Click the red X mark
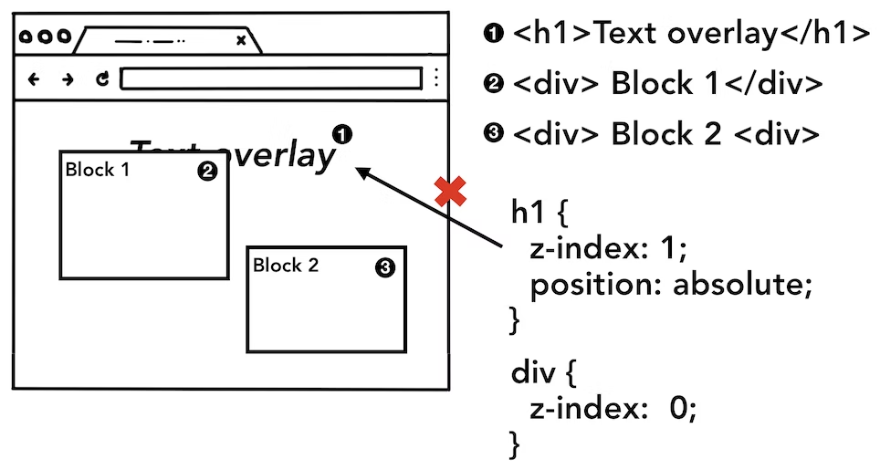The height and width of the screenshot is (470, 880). tap(450, 192)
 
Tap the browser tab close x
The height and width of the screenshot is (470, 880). tap(241, 40)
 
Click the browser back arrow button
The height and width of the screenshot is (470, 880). tap(35, 79)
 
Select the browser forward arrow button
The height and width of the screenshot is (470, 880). tap(68, 79)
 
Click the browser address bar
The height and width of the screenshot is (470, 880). tap(271, 79)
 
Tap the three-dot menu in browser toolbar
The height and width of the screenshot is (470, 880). tap(437, 78)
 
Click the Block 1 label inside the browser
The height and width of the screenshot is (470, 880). tap(98, 170)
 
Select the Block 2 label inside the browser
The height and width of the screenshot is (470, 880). tap(286, 266)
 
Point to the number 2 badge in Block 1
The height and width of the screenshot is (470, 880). tap(207, 171)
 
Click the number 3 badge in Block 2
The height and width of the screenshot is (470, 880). tap(384, 267)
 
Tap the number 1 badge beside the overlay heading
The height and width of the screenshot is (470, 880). tap(343, 134)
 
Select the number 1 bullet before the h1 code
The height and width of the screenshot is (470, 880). tap(494, 35)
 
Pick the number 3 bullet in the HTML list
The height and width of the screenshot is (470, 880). tap(494, 134)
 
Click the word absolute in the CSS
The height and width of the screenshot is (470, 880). tap(742, 286)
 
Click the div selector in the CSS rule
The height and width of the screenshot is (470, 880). tap(532, 373)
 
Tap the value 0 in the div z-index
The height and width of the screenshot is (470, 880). tap(677, 410)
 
